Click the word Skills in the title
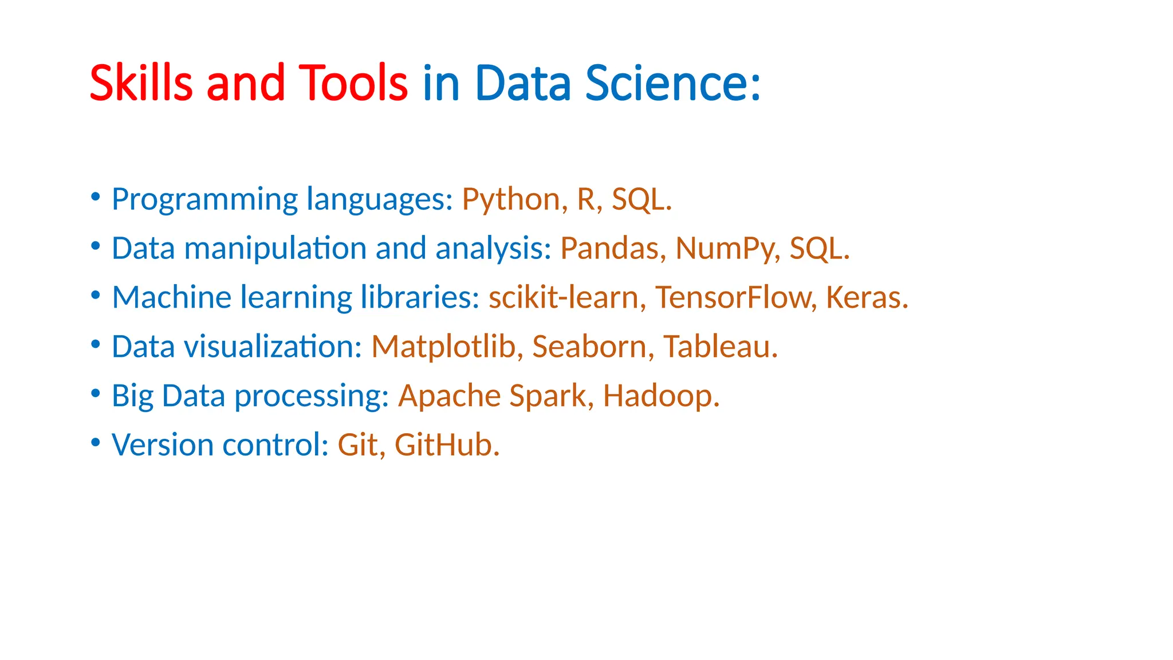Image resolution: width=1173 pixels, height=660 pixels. tap(141, 83)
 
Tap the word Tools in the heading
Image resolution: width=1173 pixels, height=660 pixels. tap(353, 83)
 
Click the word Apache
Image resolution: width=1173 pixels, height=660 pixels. tap(449, 396)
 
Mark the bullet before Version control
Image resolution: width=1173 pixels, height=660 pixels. tap(96, 443)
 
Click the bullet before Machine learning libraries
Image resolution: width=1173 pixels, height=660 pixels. tap(96, 295)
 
